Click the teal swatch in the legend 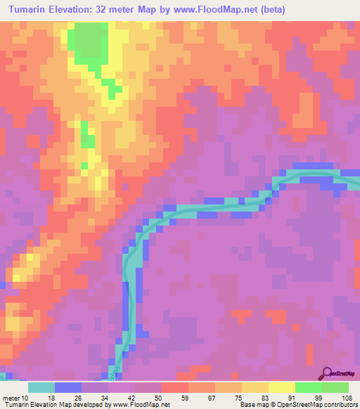pos(41,387)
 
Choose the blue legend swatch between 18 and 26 pos(68,387)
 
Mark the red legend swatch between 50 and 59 pos(174,387)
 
